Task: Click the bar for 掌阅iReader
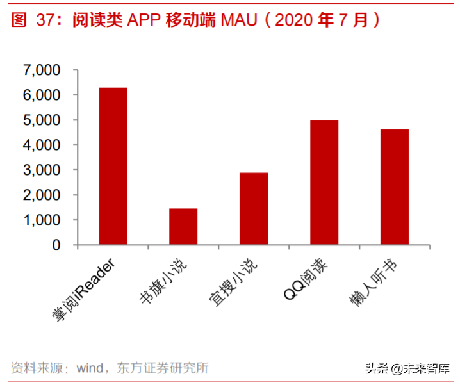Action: [x=113, y=166]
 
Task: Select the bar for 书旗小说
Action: [x=183, y=226]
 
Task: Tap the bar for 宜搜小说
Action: [x=254, y=208]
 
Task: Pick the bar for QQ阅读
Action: [x=324, y=182]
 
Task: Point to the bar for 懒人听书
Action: [x=395, y=186]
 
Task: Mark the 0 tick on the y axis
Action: [x=56, y=245]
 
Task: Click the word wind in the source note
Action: [x=89, y=368]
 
